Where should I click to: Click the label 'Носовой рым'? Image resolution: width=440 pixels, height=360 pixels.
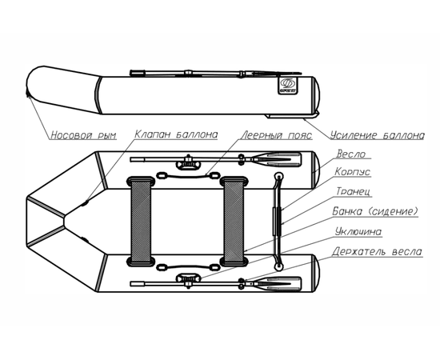click(x=84, y=135)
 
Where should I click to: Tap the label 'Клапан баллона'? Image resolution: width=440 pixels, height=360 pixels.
click(x=176, y=134)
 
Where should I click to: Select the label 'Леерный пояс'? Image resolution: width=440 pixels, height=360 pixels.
click(x=277, y=135)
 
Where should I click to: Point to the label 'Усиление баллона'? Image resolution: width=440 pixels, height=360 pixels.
click(x=378, y=135)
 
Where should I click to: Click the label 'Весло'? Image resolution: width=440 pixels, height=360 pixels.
click(x=351, y=154)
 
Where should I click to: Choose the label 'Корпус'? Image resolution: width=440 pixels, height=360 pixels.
click(x=353, y=172)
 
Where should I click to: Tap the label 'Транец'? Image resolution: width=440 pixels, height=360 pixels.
click(x=354, y=191)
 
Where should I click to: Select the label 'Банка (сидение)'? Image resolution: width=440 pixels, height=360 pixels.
click(x=375, y=211)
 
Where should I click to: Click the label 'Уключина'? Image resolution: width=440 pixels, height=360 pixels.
click(x=358, y=232)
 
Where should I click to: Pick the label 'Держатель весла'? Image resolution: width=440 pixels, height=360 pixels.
click(x=377, y=251)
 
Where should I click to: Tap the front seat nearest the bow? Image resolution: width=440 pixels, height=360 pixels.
click(x=141, y=221)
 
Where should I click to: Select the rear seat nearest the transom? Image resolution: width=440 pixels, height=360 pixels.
click(x=234, y=221)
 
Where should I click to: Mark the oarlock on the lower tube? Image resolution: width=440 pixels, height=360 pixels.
click(x=188, y=279)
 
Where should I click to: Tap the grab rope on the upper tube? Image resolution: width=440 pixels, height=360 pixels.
click(x=187, y=176)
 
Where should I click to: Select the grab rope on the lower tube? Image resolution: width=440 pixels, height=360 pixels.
click(x=187, y=266)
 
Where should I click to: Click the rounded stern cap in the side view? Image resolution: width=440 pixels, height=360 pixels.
click(x=317, y=95)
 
